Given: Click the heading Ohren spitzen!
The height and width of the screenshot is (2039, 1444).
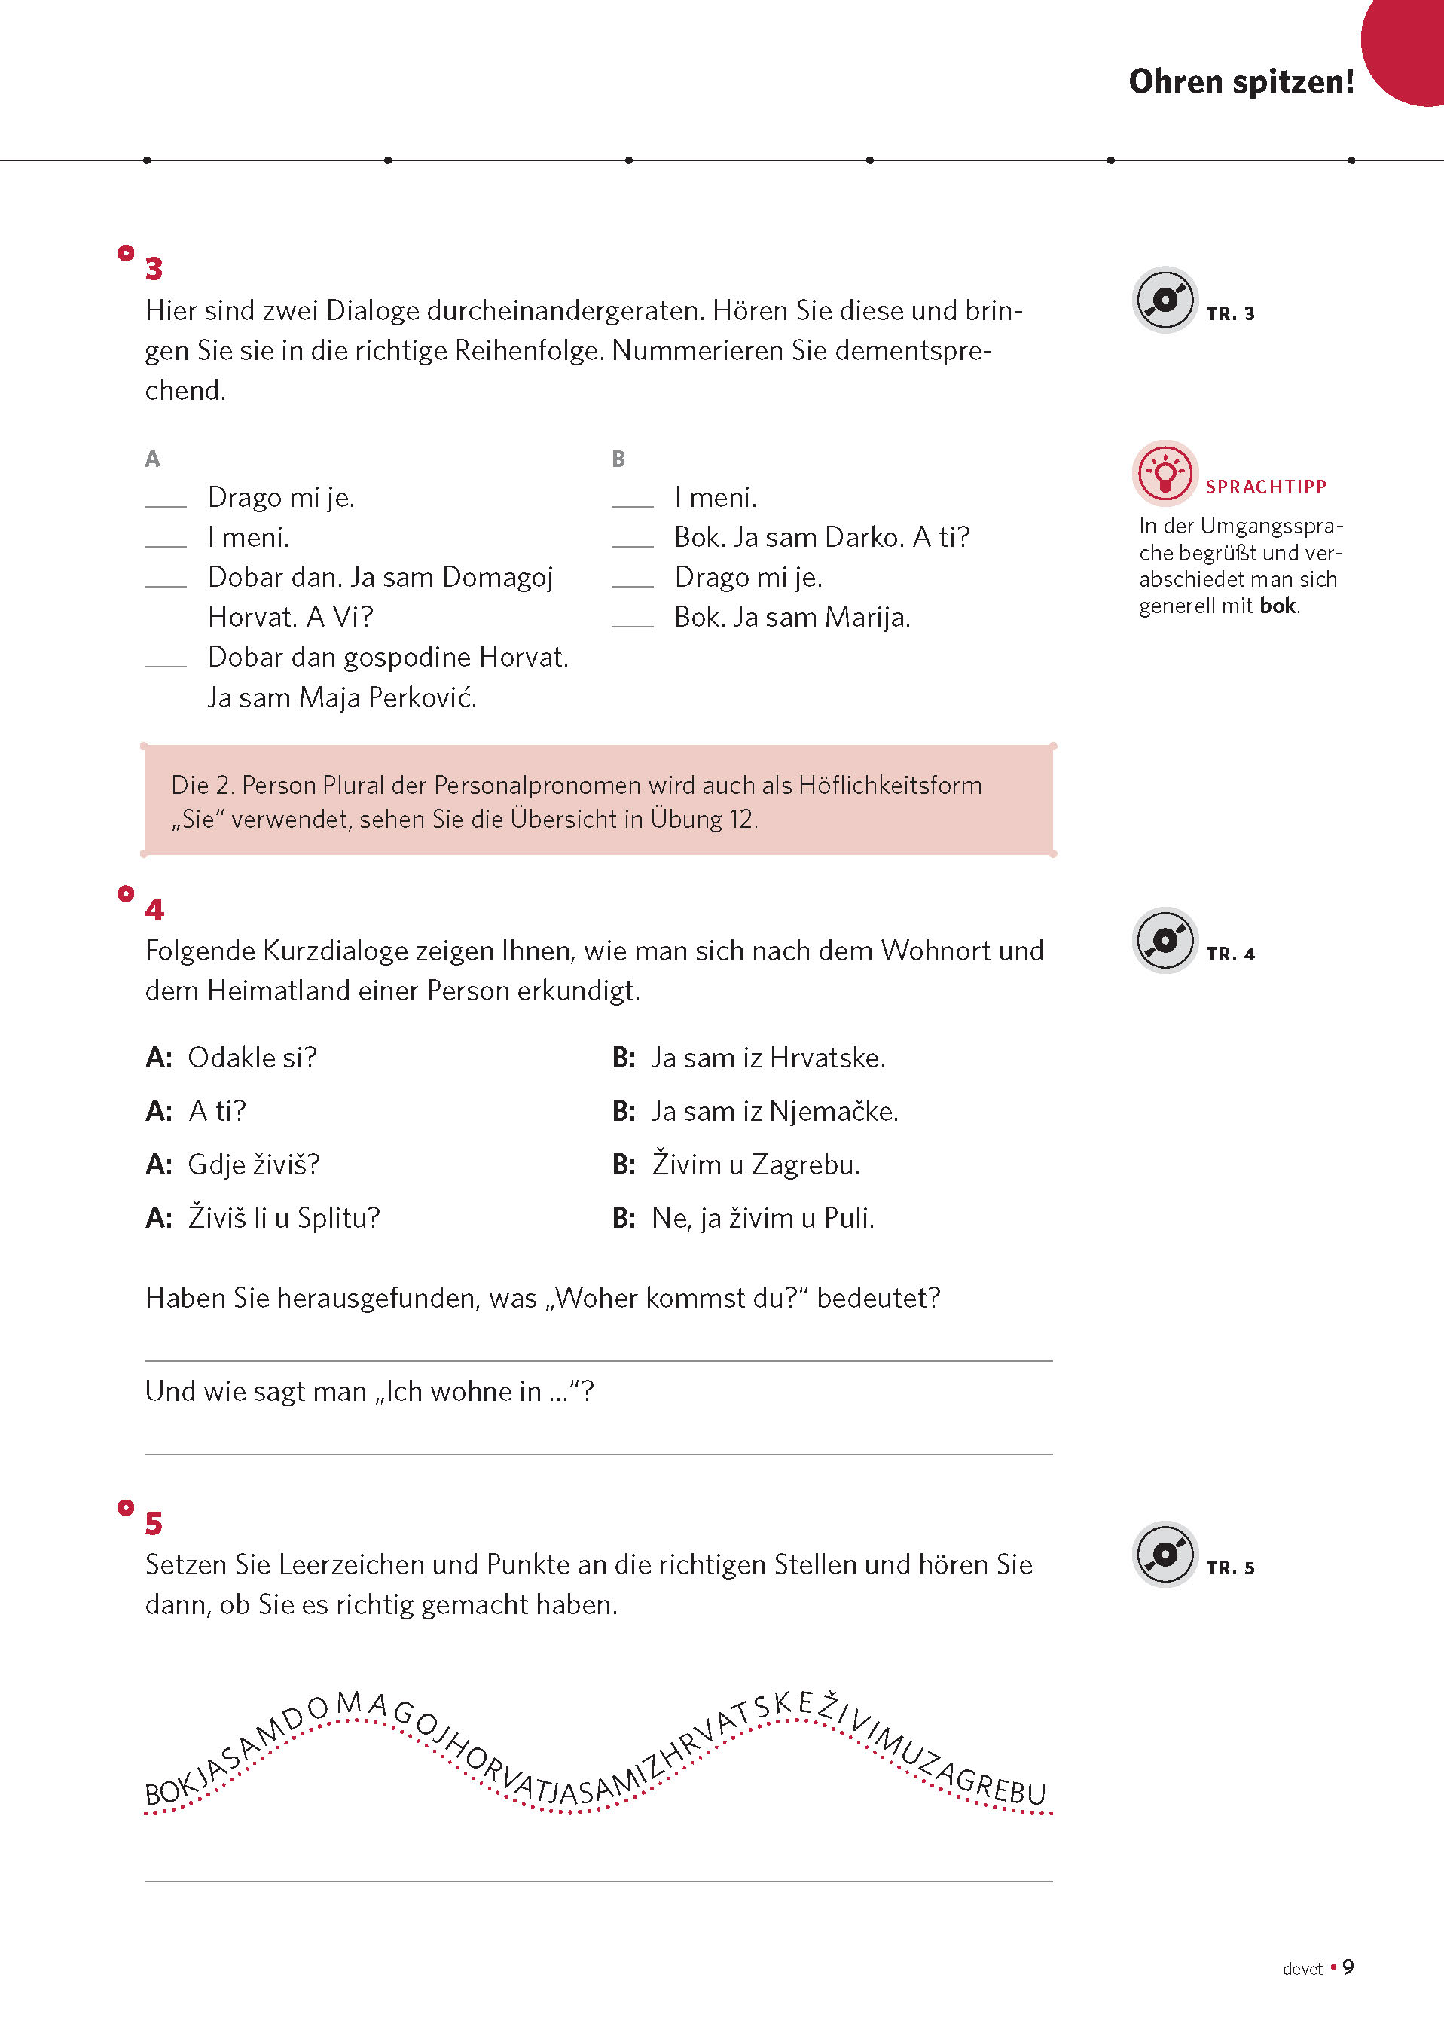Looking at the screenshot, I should point(1241,82).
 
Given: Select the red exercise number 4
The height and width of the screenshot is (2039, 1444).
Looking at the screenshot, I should point(154,909).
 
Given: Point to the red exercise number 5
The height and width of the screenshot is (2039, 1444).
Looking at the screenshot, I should point(154,1523).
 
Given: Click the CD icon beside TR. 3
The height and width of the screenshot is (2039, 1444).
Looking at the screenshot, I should point(1164,300).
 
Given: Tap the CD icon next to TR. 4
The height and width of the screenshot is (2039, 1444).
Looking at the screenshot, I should point(1164,940).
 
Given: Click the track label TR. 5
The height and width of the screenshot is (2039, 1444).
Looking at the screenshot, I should point(1230,1567).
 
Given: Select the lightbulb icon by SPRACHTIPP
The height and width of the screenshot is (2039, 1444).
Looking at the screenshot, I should point(1164,473).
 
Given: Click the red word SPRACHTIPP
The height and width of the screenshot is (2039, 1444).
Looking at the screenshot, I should point(1265,487).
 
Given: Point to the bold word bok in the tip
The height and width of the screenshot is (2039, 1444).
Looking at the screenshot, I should point(1278,606).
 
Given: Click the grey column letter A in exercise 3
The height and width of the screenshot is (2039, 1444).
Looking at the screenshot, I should point(152,459).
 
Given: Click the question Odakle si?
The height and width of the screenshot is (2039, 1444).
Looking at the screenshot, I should point(252,1058).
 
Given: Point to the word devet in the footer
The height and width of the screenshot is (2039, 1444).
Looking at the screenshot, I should point(1302,1969).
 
